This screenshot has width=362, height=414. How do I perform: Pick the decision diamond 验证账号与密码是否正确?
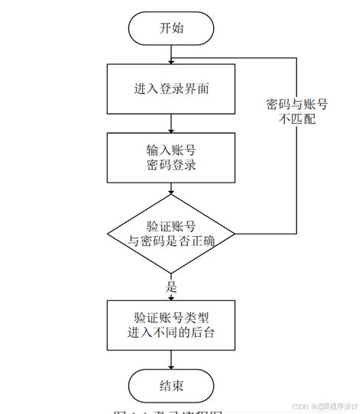point(172,233)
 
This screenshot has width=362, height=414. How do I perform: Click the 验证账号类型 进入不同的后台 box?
point(172,325)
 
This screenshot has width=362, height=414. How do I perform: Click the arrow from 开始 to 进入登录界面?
point(172,55)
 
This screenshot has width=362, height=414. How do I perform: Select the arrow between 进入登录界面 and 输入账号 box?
point(172,124)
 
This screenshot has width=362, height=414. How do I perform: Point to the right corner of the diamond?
point(234,233)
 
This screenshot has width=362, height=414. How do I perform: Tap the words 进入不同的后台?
point(172,333)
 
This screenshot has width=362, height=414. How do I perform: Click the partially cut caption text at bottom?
point(168,411)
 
